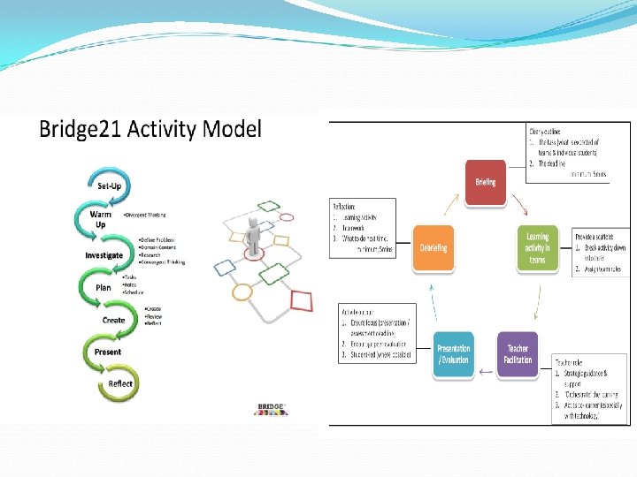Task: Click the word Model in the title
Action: click(232, 129)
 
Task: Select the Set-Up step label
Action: click(110, 185)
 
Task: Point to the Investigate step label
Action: click(104, 255)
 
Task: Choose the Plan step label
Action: click(104, 287)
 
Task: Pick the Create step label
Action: click(113, 320)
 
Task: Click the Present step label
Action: click(107, 352)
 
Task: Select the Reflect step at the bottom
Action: click(119, 383)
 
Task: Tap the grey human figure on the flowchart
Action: click(255, 232)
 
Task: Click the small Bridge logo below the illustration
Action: click(270, 407)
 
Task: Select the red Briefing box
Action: click(486, 182)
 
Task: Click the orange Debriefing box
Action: click(434, 247)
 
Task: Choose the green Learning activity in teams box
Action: click(537, 247)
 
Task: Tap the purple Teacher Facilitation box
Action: click(518, 354)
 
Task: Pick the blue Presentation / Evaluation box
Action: click(453, 354)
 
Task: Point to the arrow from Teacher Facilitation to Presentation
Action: click(486, 372)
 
